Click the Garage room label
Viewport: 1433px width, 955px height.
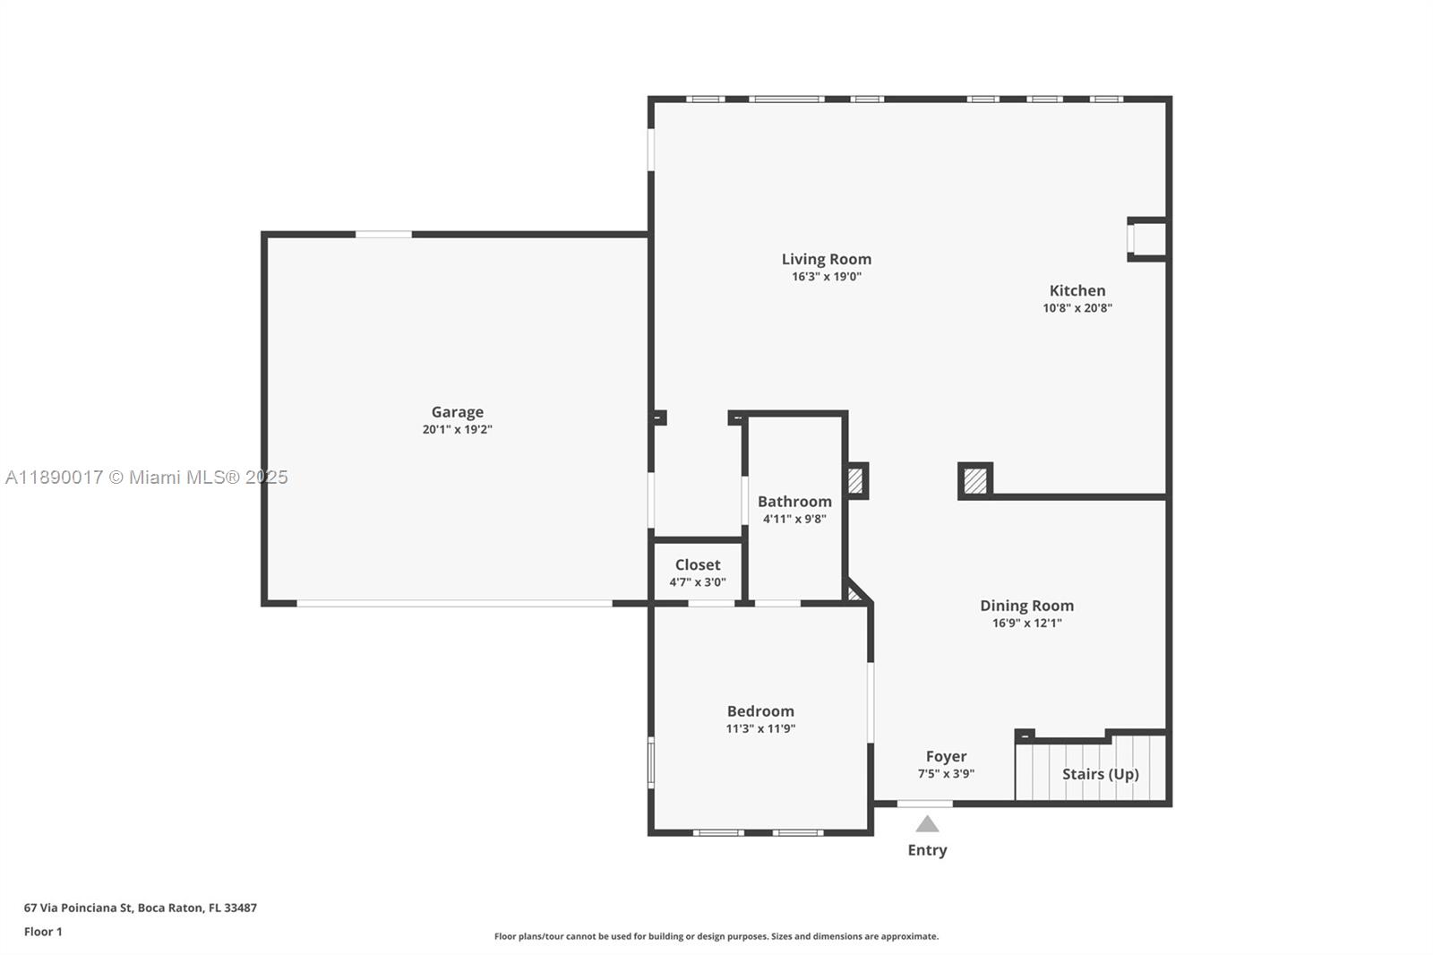457,412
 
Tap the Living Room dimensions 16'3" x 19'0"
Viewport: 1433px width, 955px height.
826,277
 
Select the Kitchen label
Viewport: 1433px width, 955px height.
1077,290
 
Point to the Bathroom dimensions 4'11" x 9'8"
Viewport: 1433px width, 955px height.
794,519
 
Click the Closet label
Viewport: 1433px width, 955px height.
697,564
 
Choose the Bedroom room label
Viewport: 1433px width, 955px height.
759,711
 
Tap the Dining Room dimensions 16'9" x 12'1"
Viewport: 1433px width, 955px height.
1026,623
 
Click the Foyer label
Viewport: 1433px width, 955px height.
946,756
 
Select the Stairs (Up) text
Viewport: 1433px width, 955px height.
1100,773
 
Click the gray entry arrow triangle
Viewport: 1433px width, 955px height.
927,824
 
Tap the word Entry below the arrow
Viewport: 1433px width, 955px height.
927,850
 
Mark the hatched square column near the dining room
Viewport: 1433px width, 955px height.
974,481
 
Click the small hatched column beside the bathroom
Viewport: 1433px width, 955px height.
855,481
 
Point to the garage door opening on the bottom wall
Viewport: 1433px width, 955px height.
454,604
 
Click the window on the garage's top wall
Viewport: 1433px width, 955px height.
383,235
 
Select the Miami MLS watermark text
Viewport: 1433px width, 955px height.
147,477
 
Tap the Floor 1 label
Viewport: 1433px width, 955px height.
43,932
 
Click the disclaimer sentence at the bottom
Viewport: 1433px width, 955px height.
716,936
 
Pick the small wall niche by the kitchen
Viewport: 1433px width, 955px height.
1147,239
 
